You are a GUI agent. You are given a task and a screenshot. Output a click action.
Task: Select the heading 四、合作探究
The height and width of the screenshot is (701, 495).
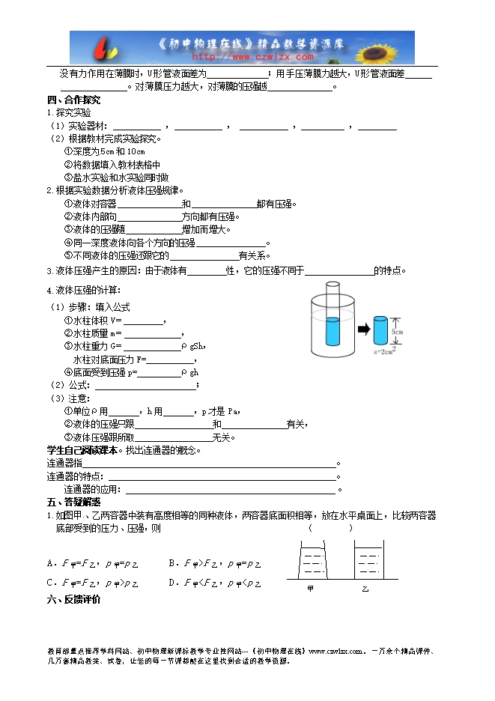73,100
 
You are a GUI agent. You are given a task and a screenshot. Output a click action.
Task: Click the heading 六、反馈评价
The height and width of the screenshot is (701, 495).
73,599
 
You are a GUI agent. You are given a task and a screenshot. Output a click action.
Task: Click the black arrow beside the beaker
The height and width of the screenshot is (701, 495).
362,328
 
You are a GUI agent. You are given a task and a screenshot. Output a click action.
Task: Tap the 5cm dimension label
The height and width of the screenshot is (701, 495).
398,330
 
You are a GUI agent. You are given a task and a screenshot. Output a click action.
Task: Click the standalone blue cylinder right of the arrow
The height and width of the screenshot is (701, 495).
380,330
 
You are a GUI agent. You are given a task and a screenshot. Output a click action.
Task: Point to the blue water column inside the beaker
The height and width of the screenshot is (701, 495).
334,330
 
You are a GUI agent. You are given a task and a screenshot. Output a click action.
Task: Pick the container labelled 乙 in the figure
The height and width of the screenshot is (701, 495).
367,559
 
